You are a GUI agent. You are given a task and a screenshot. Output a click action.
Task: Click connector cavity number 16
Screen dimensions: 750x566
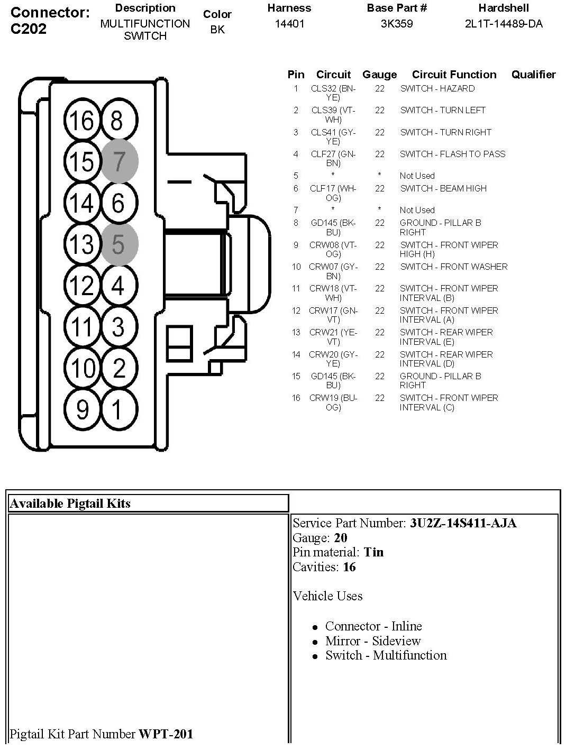(x=82, y=120)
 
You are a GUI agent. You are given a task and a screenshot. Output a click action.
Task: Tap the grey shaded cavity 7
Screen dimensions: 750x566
(x=119, y=161)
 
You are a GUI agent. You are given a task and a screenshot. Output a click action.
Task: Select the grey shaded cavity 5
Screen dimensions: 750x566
(x=119, y=244)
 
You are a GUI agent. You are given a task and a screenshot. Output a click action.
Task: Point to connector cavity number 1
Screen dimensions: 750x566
(x=118, y=409)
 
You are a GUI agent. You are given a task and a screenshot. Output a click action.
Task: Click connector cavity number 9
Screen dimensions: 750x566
(x=82, y=409)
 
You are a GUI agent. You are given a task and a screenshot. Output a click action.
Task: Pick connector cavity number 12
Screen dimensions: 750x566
(x=82, y=285)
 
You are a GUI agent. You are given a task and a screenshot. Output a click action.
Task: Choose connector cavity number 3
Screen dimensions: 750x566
(x=118, y=326)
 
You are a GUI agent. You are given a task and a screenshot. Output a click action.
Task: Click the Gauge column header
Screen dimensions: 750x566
(x=379, y=75)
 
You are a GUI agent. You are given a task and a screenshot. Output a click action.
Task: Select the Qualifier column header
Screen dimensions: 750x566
(x=533, y=75)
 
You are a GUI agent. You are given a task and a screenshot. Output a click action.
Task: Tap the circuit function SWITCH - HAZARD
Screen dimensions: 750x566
(x=437, y=88)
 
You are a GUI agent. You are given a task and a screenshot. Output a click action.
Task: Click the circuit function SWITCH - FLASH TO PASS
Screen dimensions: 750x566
(x=452, y=154)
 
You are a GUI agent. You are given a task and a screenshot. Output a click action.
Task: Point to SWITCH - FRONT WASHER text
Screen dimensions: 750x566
(x=453, y=267)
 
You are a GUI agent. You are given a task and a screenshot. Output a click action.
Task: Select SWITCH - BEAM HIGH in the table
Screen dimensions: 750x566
(x=443, y=188)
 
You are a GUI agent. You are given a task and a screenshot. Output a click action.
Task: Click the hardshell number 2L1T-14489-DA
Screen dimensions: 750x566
(x=504, y=24)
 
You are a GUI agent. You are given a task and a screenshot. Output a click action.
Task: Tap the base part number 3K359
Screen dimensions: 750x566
(x=397, y=24)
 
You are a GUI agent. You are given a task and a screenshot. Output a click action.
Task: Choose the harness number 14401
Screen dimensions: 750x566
(x=289, y=24)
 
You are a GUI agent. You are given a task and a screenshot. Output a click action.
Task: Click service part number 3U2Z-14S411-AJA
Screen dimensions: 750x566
(x=463, y=523)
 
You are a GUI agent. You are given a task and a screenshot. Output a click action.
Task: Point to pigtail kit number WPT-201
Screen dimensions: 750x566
(x=166, y=734)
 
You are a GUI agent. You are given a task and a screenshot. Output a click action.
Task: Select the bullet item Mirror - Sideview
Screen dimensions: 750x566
(x=373, y=641)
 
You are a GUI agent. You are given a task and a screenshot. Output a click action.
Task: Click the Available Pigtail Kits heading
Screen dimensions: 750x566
(x=70, y=504)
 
